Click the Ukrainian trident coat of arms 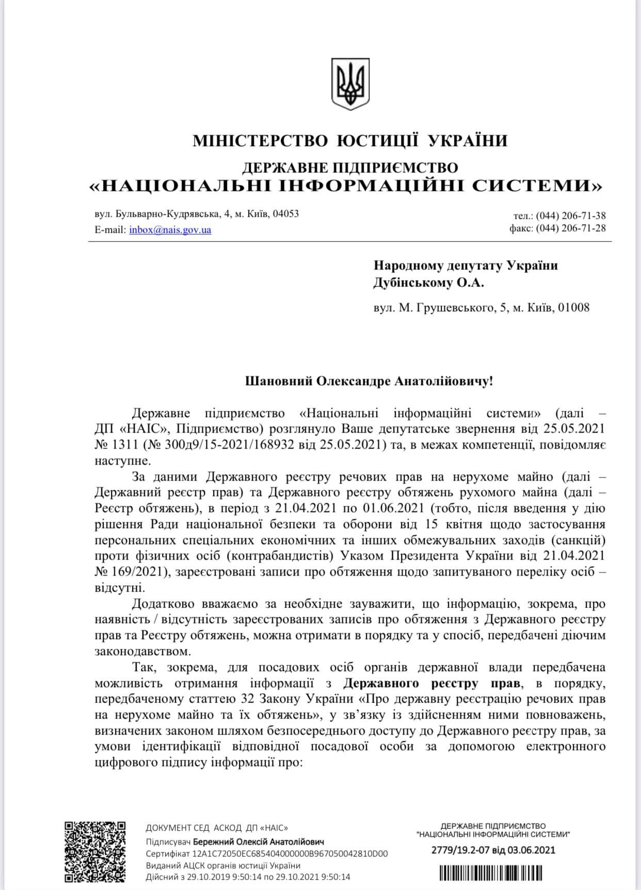click(350, 83)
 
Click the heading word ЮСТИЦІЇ click(378, 140)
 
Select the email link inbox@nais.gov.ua click(170, 230)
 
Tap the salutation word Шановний click(279, 382)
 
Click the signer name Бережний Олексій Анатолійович click(262, 841)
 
